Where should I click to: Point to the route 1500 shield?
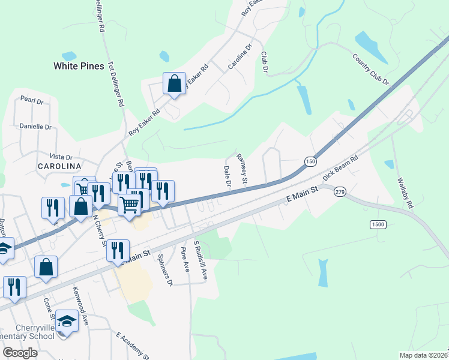coord(378,224)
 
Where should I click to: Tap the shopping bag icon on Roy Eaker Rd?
coord(174,85)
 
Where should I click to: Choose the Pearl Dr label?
coord(32,100)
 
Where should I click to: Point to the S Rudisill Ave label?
coord(200,262)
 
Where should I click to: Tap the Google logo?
coord(19,353)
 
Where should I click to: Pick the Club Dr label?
coord(264,62)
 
